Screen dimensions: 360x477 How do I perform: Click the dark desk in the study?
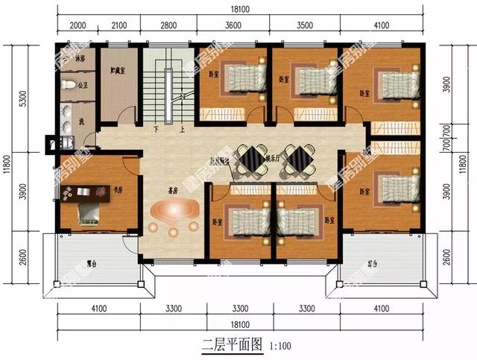(86, 192)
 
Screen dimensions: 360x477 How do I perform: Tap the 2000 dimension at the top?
(77, 27)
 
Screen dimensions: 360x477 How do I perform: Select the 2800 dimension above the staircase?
(168, 27)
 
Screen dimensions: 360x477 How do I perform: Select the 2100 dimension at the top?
(119, 27)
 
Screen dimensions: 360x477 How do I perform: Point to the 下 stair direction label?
(157, 129)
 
